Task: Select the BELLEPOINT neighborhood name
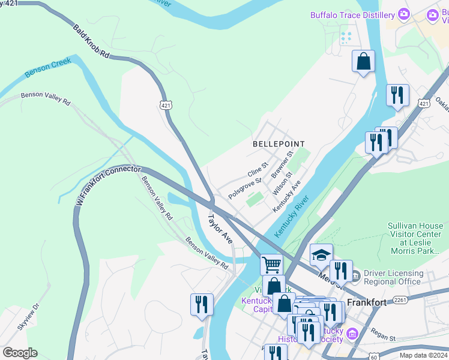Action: pos(279,144)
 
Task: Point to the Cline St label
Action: pos(257,170)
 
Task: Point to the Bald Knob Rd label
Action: pos(91,41)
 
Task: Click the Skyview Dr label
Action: pos(28,316)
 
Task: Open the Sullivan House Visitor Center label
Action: pos(415,238)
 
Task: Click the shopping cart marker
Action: pos(272,264)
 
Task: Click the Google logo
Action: pos(20,353)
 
